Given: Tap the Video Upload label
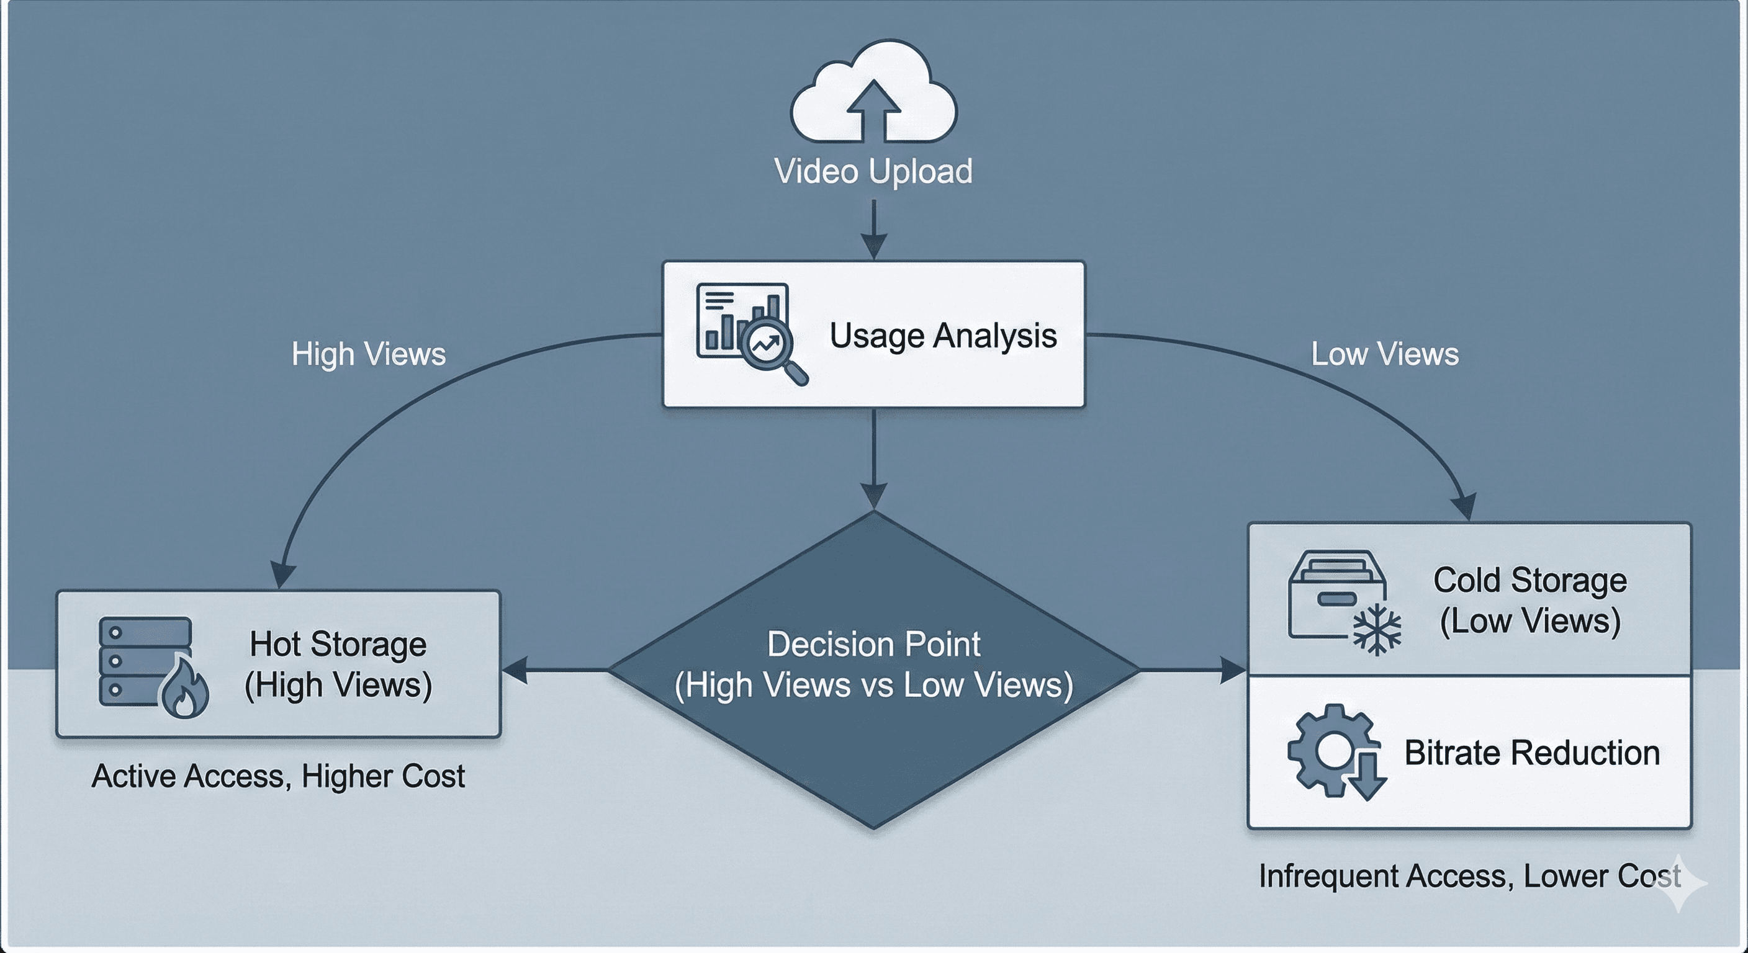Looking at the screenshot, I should [873, 171].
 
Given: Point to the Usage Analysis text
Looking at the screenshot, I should [944, 335].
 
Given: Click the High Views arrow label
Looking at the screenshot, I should [369, 354].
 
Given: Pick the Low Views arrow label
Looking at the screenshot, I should [1384, 354].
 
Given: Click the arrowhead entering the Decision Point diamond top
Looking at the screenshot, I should [874, 496].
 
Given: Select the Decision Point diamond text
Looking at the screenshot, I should [874, 664].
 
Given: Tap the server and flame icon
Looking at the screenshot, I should [153, 666].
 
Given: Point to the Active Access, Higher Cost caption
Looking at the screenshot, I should [278, 777].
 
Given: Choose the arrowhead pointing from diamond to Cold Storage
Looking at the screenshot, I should [1233, 670].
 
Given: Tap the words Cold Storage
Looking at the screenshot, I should [1529, 581].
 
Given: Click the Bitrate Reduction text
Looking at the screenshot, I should [1531, 753].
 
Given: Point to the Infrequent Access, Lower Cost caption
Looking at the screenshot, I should [1469, 876].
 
